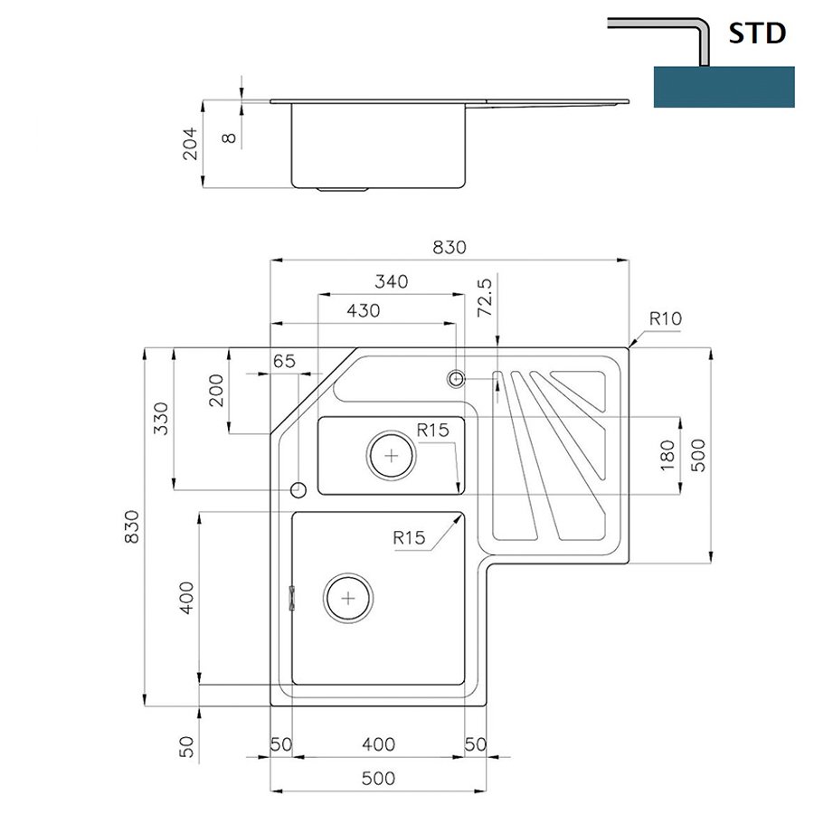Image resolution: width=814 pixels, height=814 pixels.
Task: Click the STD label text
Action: tap(757, 33)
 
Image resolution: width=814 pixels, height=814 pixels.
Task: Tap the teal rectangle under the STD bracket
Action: tap(724, 87)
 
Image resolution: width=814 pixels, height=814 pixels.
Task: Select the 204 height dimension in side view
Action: tap(190, 144)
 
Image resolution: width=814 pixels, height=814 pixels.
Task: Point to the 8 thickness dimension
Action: tap(229, 137)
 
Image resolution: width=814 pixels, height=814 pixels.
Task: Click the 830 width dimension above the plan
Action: tap(450, 247)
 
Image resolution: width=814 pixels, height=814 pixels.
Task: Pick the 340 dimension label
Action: tap(392, 281)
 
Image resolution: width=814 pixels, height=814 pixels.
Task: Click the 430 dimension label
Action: tap(364, 310)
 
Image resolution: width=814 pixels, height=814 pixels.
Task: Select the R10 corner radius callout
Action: tap(666, 318)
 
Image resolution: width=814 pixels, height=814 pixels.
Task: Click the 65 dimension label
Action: tap(284, 361)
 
